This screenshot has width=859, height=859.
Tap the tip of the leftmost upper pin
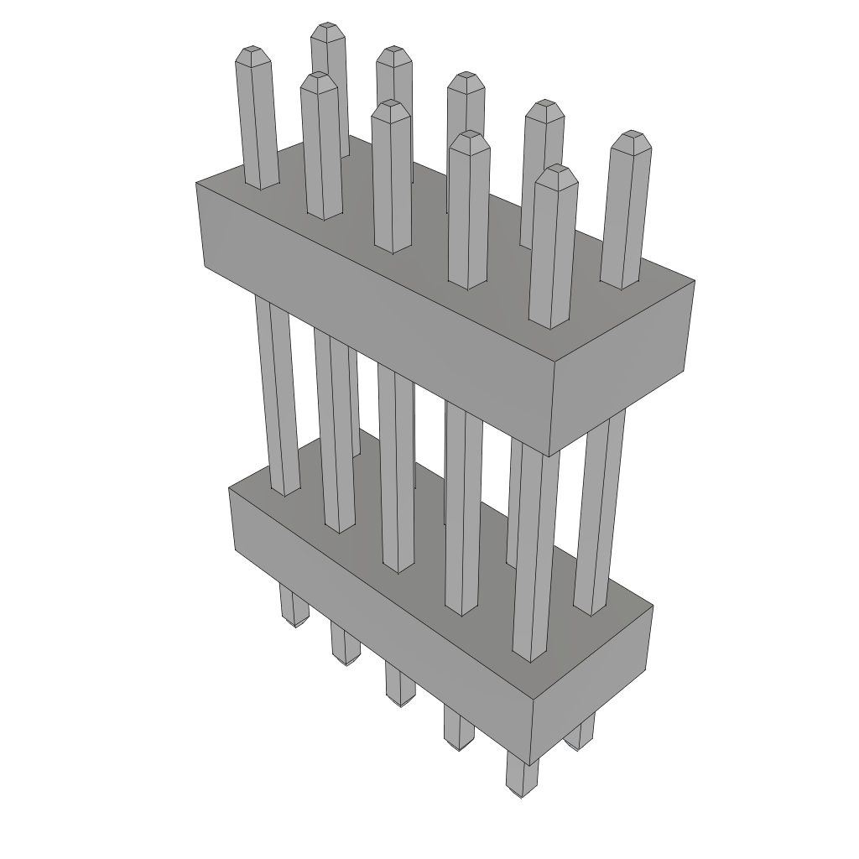252,54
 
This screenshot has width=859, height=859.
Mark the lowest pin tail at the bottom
521,776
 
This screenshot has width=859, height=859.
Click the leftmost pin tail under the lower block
293,608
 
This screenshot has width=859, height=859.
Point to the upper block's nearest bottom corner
549,456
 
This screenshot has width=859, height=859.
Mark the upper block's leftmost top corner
197,183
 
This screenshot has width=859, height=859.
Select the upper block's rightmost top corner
695,281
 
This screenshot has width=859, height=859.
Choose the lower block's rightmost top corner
653,606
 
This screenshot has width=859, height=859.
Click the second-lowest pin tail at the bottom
458,730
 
